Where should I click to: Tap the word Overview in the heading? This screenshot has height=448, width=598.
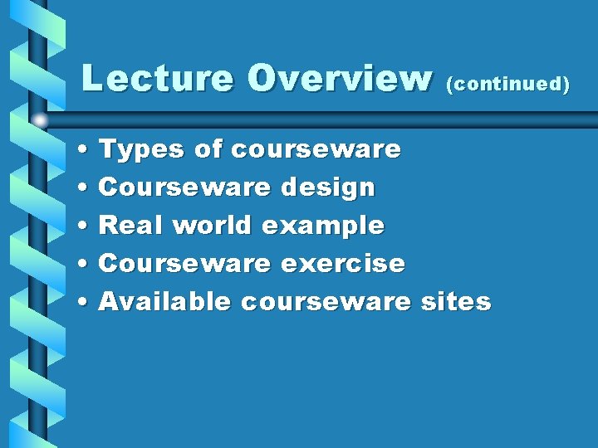[341, 80]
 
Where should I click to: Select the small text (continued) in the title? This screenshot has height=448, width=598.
[508, 85]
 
